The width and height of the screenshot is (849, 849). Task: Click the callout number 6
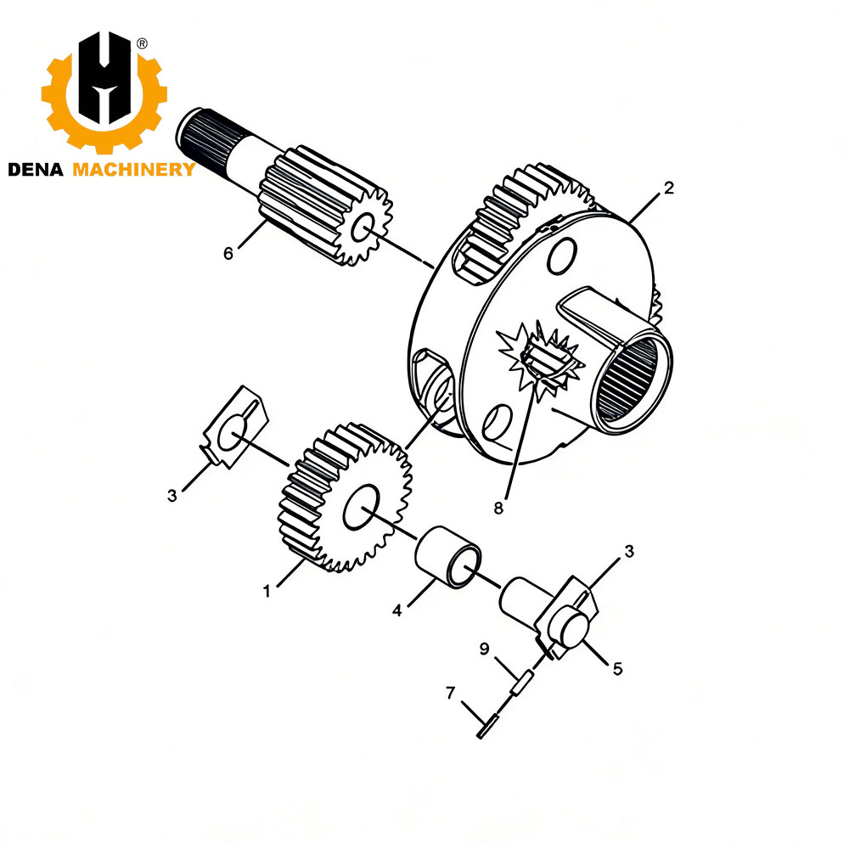pos(228,253)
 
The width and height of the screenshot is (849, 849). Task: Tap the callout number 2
pos(669,188)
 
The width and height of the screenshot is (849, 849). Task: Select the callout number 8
pos(498,508)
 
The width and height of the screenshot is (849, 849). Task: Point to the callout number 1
pos(267,591)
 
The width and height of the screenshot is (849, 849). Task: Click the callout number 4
pos(397,610)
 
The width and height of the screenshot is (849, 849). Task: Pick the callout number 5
pos(617,669)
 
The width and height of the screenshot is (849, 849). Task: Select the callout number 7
pos(450,693)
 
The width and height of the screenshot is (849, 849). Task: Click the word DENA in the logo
pos(36,170)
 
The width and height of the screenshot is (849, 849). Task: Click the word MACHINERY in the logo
pos(134,170)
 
